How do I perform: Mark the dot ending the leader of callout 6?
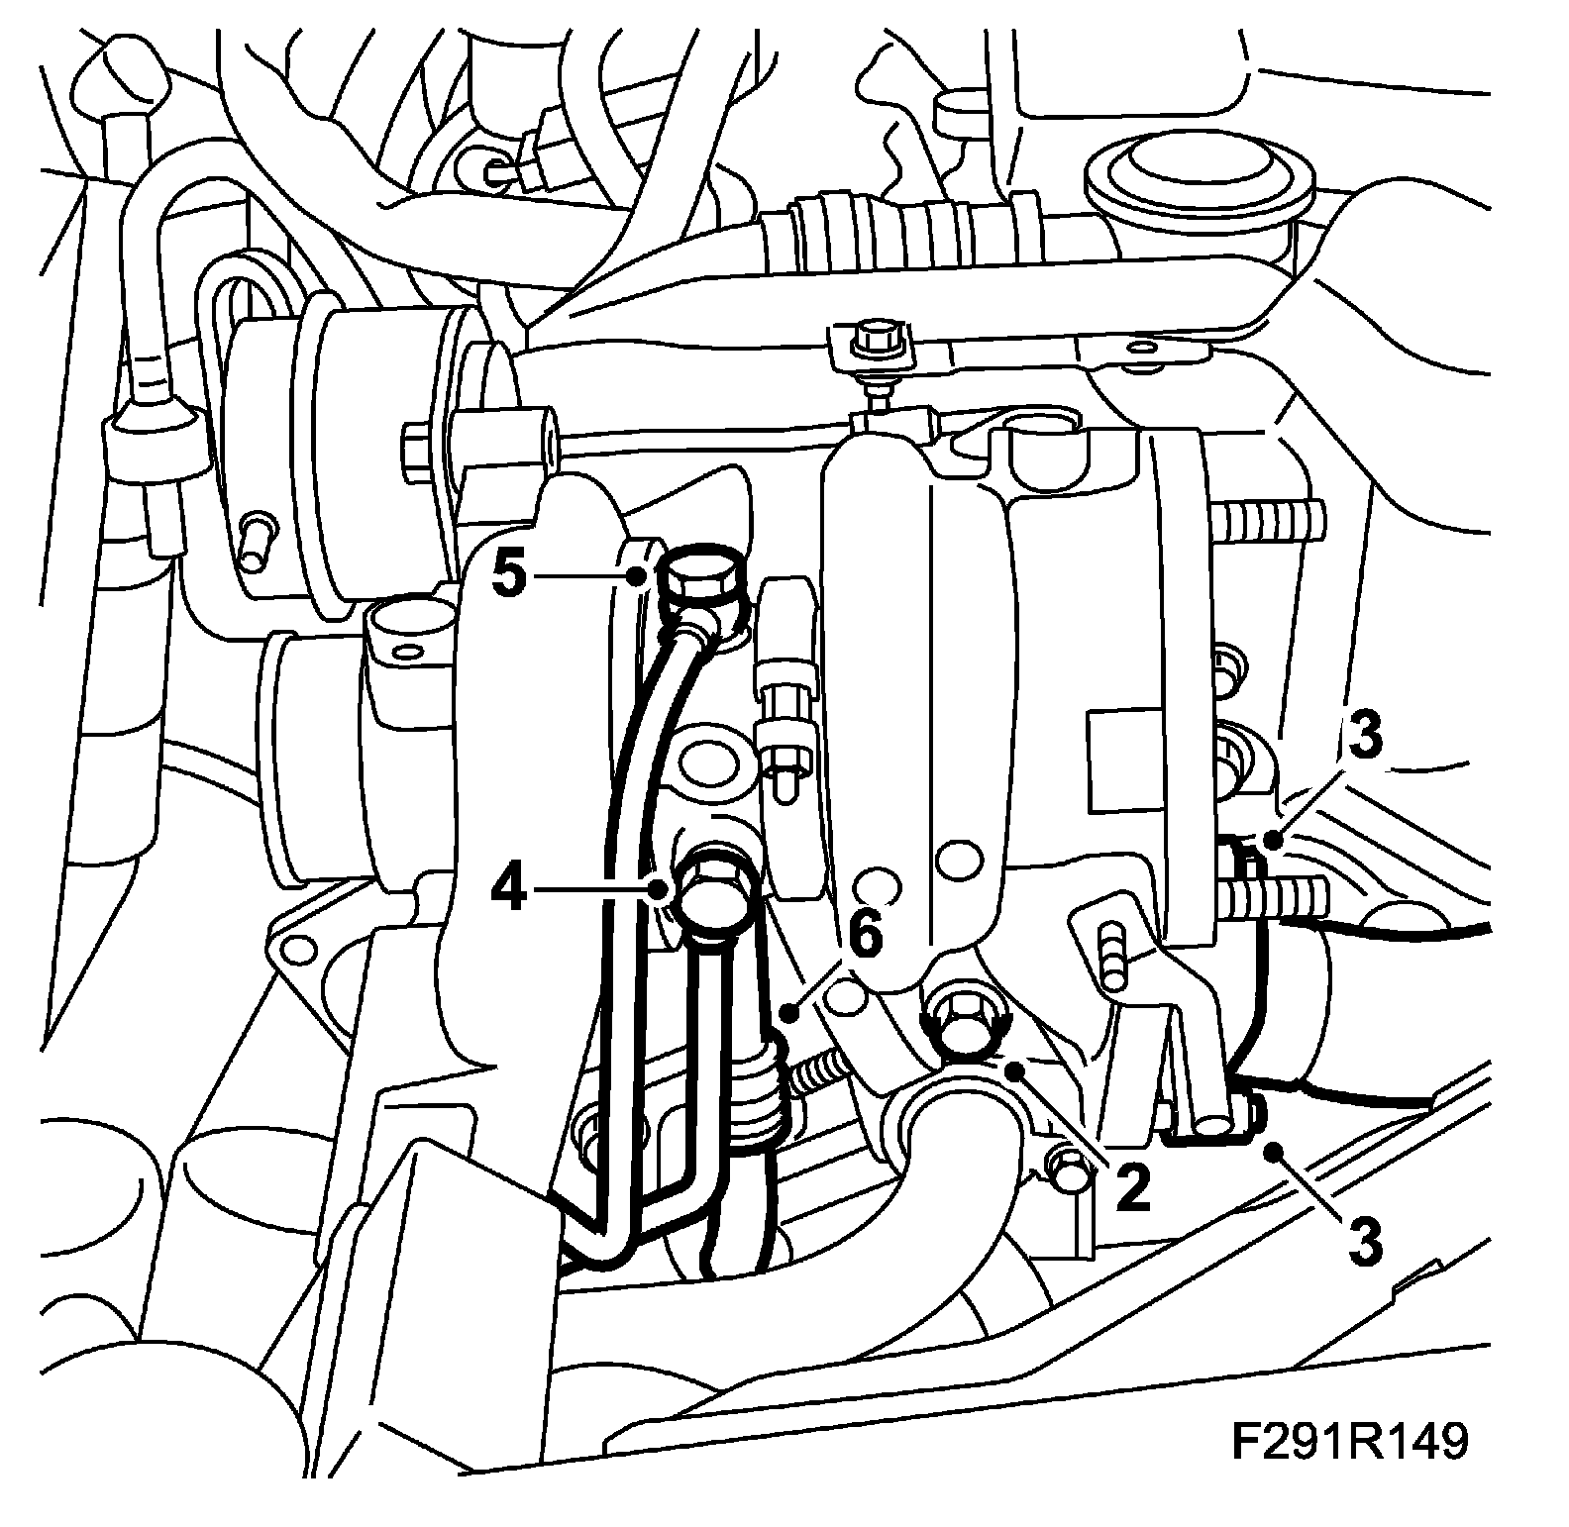click(788, 1012)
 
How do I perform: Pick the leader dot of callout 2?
click(1013, 1070)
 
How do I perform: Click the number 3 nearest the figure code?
click(1364, 1242)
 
